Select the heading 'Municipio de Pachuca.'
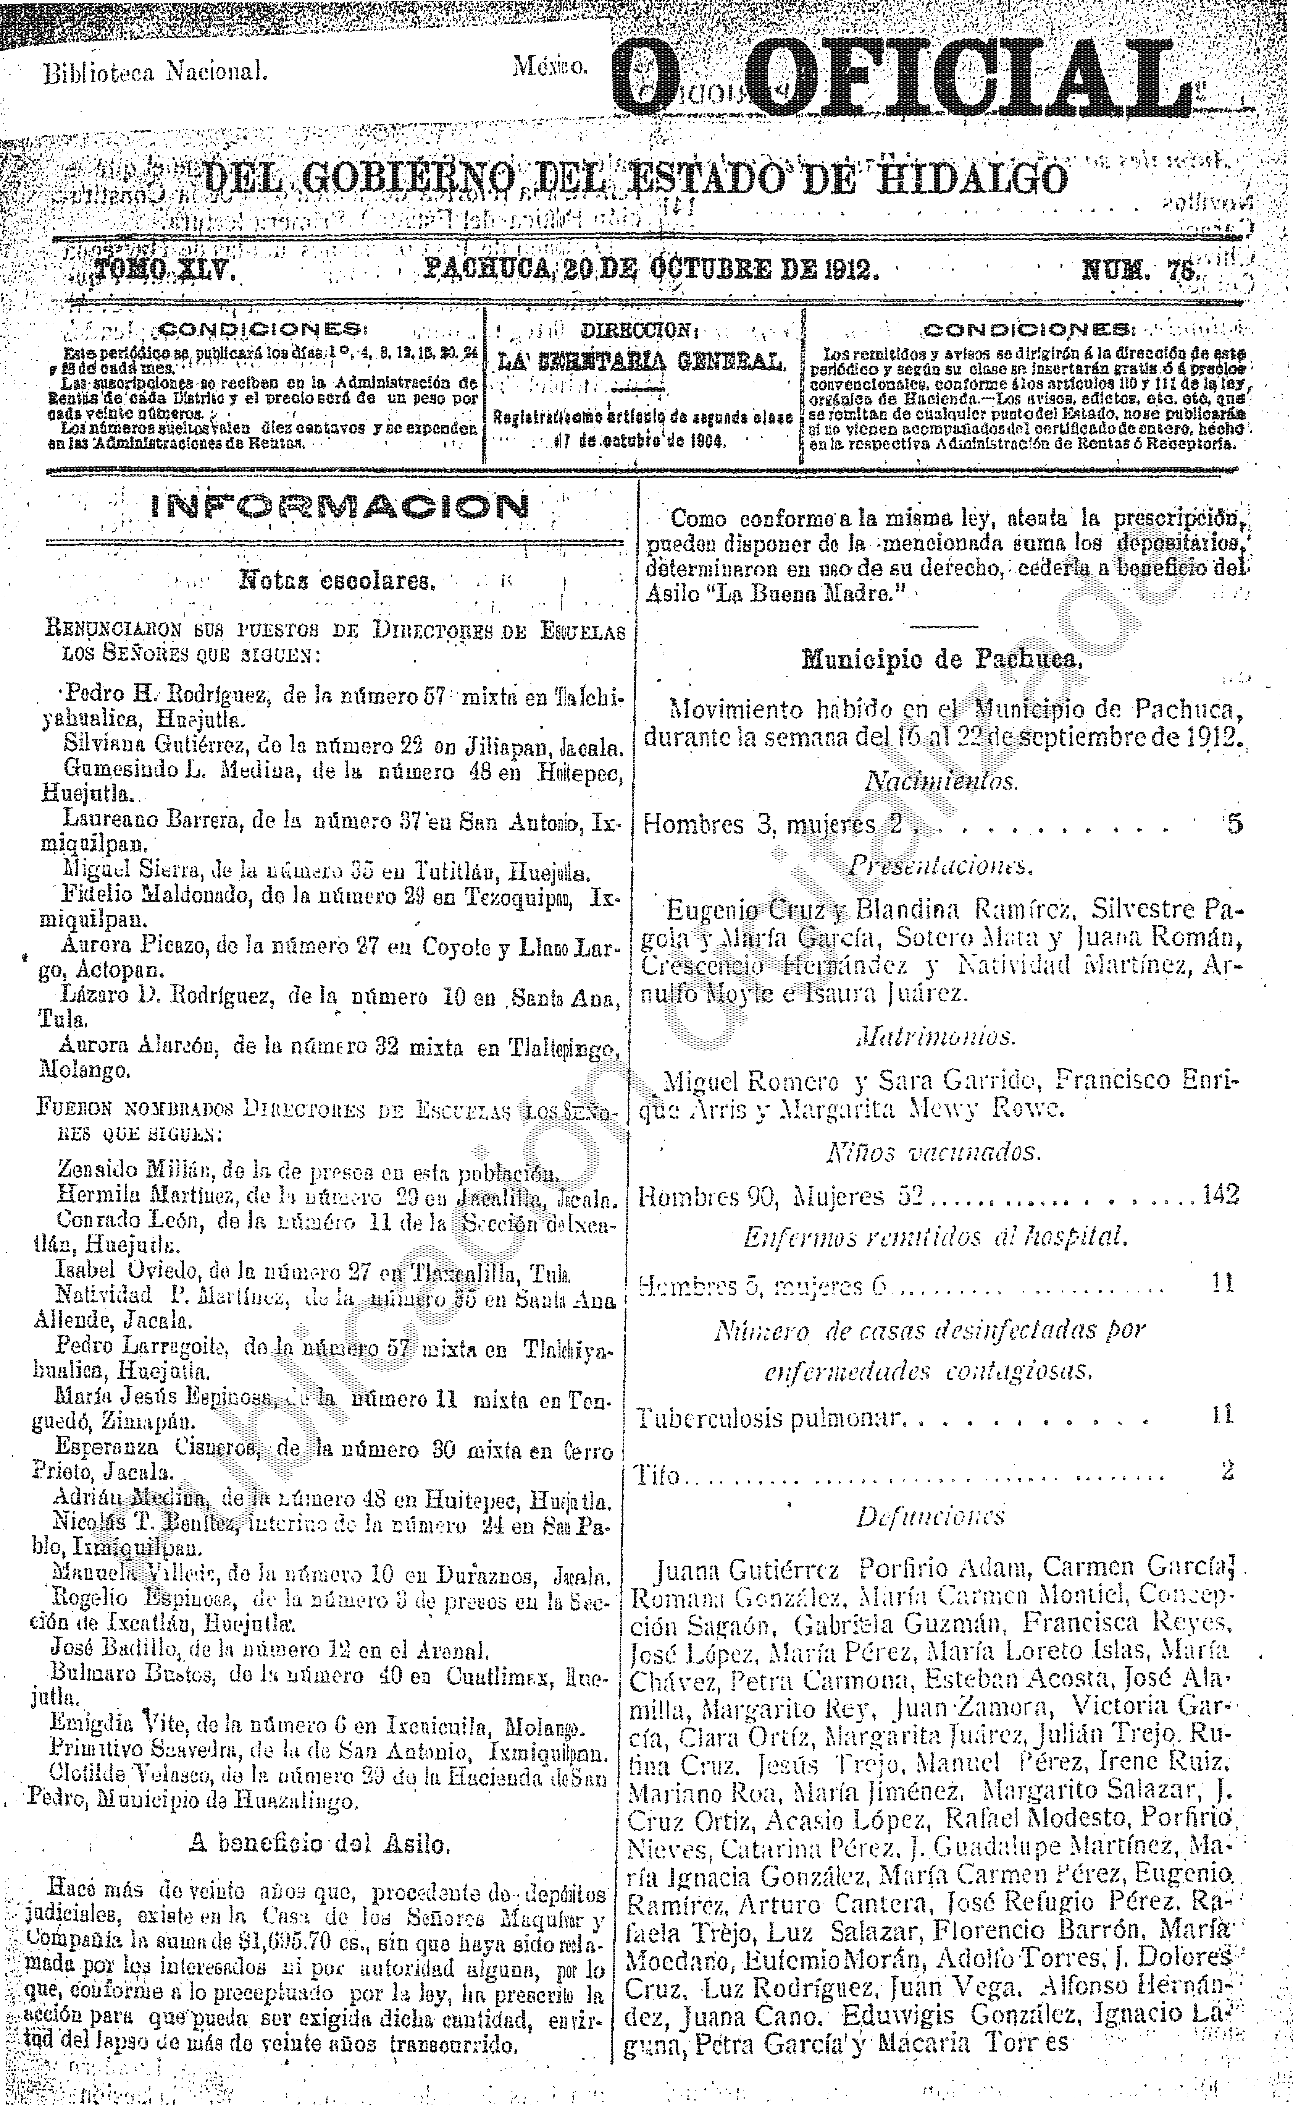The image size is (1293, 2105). pyautogui.click(x=942, y=659)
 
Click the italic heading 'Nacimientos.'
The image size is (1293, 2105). pyautogui.click(x=941, y=780)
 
